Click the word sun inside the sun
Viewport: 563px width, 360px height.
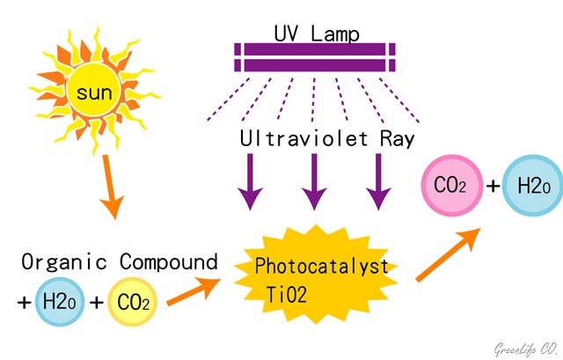click(x=94, y=92)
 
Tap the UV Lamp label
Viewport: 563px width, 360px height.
click(x=317, y=34)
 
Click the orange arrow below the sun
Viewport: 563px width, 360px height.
click(x=112, y=187)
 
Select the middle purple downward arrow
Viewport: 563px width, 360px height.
click(x=314, y=182)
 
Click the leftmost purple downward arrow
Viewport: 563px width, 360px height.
click(x=250, y=182)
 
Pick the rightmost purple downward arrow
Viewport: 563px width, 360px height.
click(x=378, y=182)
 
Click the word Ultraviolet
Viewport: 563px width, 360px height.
click(x=303, y=138)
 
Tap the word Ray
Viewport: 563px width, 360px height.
click(x=397, y=139)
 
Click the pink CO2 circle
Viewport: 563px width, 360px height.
click(x=451, y=186)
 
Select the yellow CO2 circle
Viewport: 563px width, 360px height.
click(x=132, y=302)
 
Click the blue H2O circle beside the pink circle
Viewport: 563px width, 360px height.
click(x=533, y=186)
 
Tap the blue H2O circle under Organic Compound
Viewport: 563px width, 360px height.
click(x=60, y=302)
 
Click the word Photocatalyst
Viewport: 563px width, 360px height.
click(x=321, y=266)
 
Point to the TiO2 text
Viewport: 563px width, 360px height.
click(x=287, y=295)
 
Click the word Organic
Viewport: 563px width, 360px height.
click(x=64, y=262)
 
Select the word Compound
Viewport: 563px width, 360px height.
click(x=169, y=262)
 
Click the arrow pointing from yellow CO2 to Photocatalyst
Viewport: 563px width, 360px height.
click(x=194, y=291)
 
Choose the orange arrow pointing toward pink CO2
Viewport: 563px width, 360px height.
click(x=448, y=254)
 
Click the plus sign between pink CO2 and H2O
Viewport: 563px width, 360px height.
click(x=493, y=186)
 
